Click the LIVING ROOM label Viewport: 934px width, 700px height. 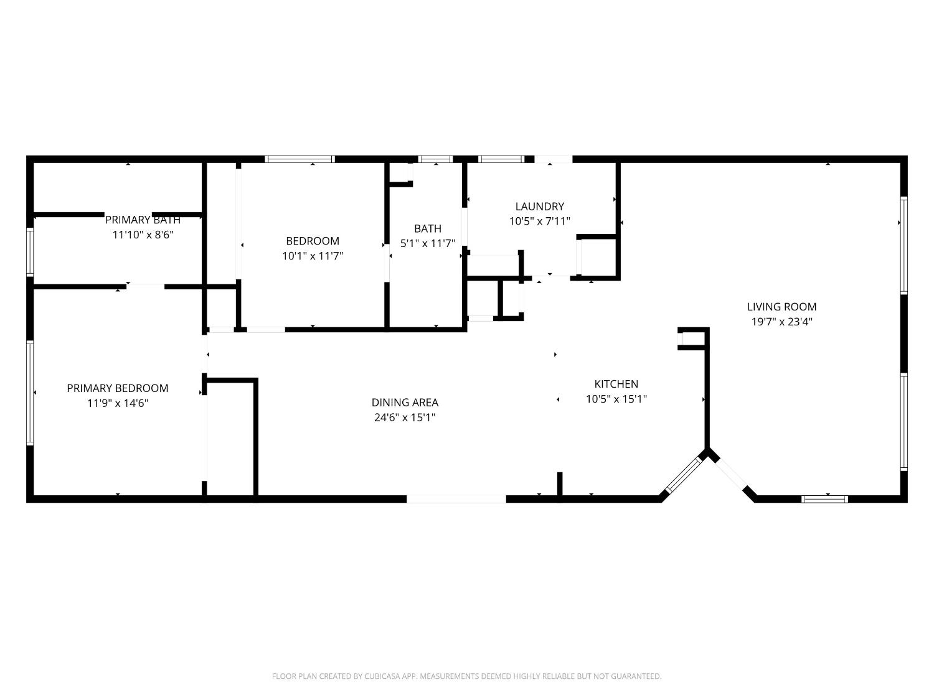pyautogui.click(x=781, y=307)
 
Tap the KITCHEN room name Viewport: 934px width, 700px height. pyautogui.click(x=616, y=384)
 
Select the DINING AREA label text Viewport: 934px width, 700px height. pyautogui.click(x=405, y=403)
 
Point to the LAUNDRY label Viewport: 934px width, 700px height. pyautogui.click(x=539, y=206)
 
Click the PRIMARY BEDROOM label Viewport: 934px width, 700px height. pyautogui.click(x=117, y=388)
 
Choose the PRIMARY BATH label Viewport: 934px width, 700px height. pyautogui.click(x=143, y=220)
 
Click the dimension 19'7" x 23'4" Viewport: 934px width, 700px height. pyautogui.click(x=781, y=322)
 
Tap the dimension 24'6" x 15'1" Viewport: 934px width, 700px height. pyautogui.click(x=405, y=418)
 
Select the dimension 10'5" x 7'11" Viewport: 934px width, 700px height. pyautogui.click(x=539, y=221)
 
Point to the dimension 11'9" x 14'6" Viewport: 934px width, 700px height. pyautogui.click(x=117, y=403)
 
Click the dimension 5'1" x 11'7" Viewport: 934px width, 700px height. pyautogui.click(x=427, y=243)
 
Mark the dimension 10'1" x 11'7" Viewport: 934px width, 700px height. pyautogui.click(x=313, y=256)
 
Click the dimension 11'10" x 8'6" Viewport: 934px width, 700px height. pyautogui.click(x=143, y=235)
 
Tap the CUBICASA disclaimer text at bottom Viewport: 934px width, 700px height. pyautogui.click(x=466, y=676)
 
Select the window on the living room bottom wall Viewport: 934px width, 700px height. pyautogui.click(x=824, y=498)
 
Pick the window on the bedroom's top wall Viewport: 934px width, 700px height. pyautogui.click(x=300, y=159)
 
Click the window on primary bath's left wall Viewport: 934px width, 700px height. pyautogui.click(x=29, y=251)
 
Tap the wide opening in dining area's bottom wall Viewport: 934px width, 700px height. pyautogui.click(x=456, y=498)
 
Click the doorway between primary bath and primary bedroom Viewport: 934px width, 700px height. pyautogui.click(x=146, y=286)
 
